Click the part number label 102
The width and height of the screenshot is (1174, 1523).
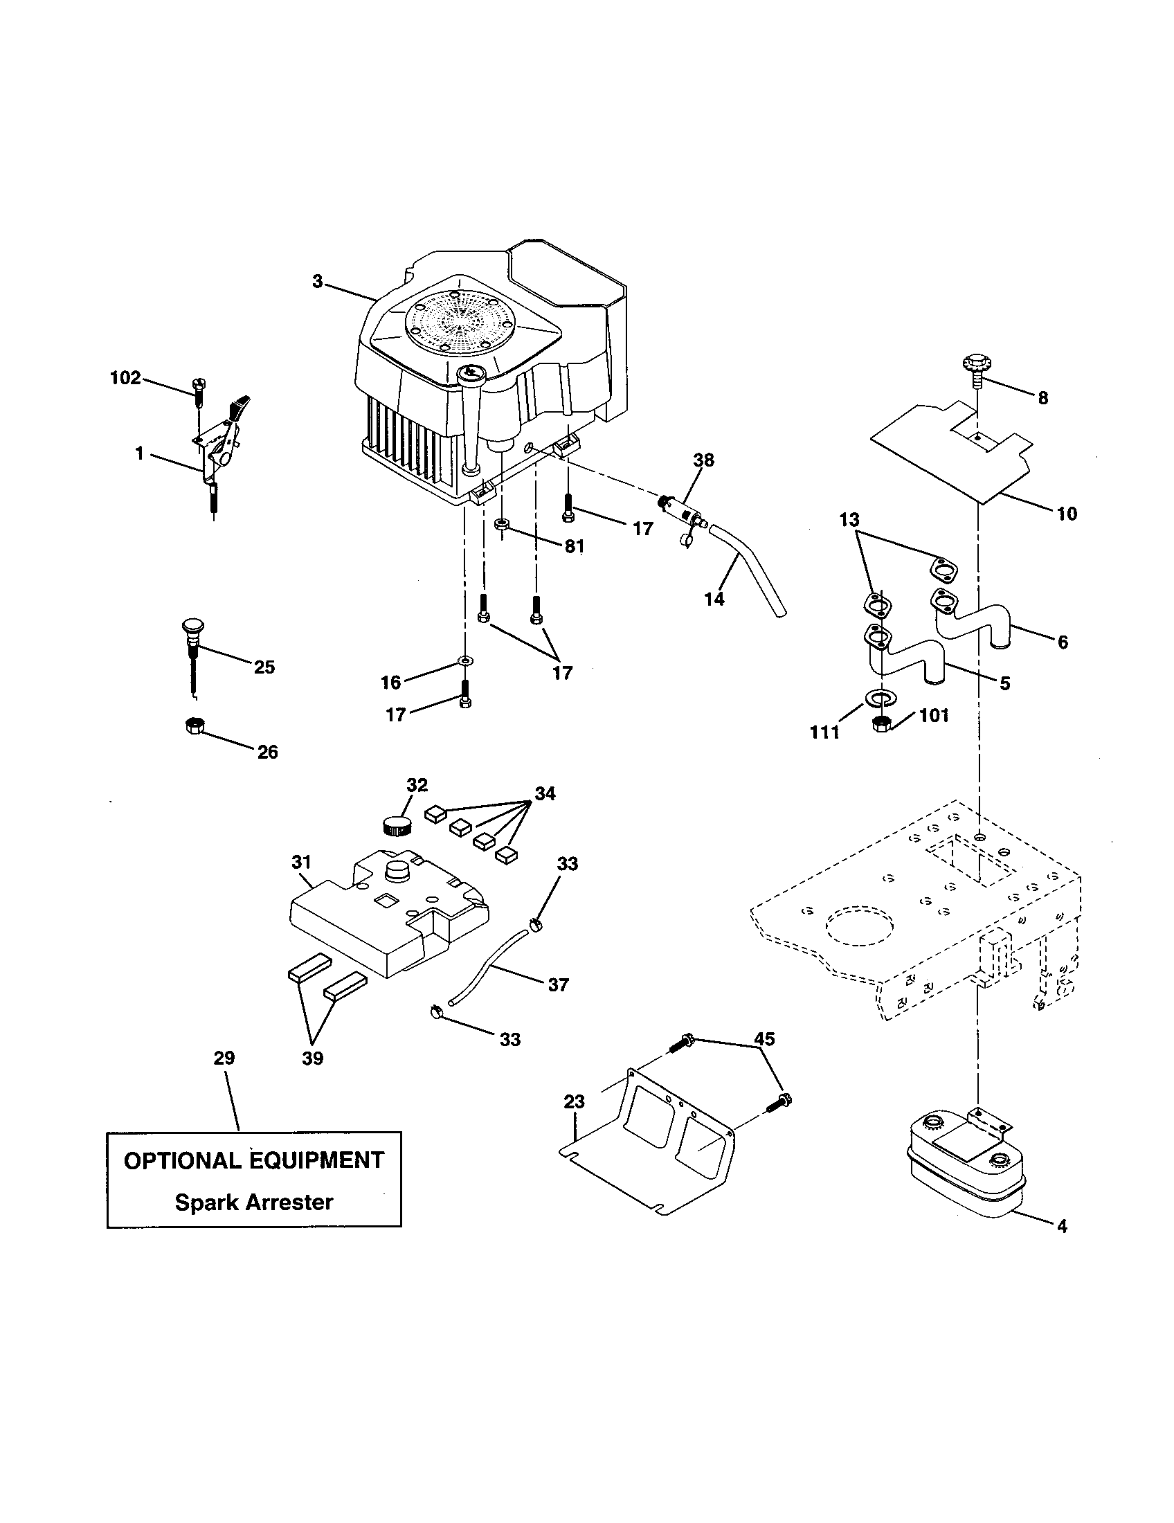pos(125,378)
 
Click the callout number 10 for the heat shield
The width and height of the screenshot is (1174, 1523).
pos(1067,514)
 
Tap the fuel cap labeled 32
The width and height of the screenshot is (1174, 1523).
pos(399,827)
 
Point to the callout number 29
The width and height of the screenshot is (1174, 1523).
pos(224,1058)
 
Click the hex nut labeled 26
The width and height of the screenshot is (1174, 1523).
pos(193,727)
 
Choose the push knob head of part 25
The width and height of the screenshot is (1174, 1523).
pos(192,625)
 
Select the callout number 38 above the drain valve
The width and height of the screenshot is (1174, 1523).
pos(703,460)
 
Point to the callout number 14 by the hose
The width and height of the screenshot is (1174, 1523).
pos(714,598)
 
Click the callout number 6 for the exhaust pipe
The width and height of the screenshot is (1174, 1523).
pos(1063,642)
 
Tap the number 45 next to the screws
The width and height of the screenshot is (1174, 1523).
pos(764,1039)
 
